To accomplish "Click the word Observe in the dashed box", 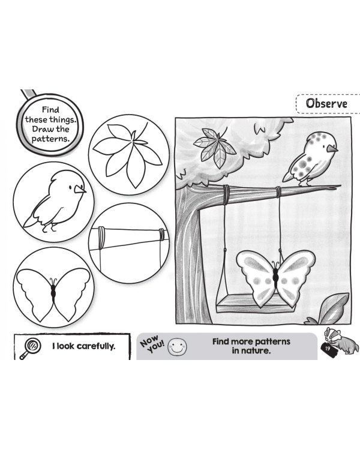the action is (326, 103).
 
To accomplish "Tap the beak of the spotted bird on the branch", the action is (332, 148).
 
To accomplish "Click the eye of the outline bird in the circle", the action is (71, 187).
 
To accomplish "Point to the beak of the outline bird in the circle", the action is (80, 189).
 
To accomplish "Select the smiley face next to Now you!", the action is (177, 346).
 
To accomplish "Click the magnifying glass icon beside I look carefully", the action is (30, 348).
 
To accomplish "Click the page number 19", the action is (328, 349).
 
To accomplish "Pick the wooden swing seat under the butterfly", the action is (256, 305).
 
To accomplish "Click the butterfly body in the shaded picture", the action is (275, 277).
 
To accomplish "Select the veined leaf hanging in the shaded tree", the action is (215, 147).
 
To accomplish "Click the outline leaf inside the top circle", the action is (128, 154).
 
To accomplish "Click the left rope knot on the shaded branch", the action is (226, 195).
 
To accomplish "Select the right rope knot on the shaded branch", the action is (278, 191).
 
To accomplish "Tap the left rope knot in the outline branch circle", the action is (101, 238).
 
